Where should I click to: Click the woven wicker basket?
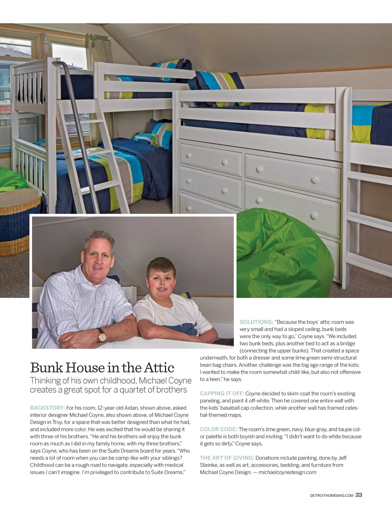coord(19,222)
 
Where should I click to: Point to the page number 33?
coord(359,495)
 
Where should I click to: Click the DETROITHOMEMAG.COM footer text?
coord(332,496)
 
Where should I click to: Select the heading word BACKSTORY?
coord(47,408)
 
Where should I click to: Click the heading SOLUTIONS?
coord(256,322)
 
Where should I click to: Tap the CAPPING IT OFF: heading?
coord(222,394)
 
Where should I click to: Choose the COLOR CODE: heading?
coord(218,429)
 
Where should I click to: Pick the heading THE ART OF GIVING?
coord(227,458)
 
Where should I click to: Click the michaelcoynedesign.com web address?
coord(287,472)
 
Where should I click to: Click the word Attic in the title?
coord(159,368)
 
